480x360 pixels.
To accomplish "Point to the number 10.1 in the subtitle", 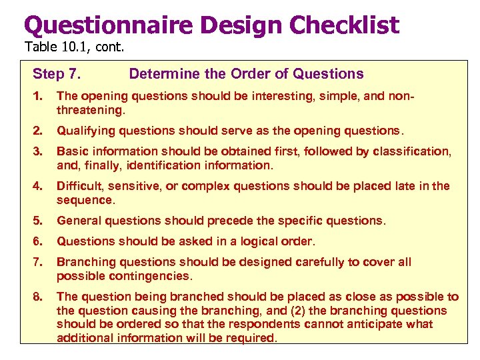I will [73, 47].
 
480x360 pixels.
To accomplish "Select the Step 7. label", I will [61, 74].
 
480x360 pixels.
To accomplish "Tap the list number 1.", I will [37, 96].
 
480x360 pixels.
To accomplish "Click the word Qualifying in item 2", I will [84, 131].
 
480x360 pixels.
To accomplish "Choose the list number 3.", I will [37, 151].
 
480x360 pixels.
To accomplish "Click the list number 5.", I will [37, 221].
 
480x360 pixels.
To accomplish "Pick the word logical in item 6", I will [255, 241].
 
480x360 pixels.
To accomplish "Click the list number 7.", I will [37, 262].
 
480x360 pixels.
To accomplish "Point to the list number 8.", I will [37, 297].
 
